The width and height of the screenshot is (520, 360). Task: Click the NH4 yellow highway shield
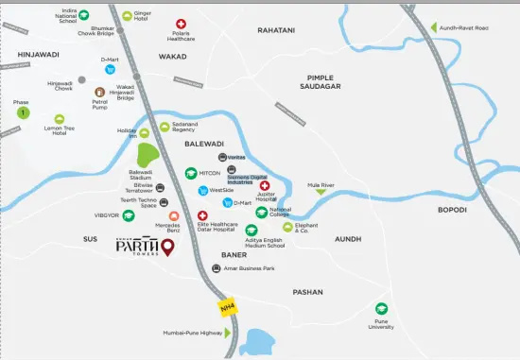click(x=227, y=307)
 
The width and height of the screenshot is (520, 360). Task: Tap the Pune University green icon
click(x=381, y=308)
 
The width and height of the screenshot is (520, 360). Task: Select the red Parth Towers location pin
click(x=168, y=249)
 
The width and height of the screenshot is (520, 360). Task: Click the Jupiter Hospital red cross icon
click(x=264, y=185)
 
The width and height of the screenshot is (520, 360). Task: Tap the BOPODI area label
click(x=452, y=209)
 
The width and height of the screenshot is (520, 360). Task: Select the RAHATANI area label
click(x=276, y=30)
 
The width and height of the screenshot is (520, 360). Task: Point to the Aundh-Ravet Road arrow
click(x=435, y=27)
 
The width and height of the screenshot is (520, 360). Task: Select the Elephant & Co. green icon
click(x=288, y=226)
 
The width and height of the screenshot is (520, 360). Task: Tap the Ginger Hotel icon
click(x=128, y=16)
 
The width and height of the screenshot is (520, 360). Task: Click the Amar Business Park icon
click(x=217, y=269)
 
